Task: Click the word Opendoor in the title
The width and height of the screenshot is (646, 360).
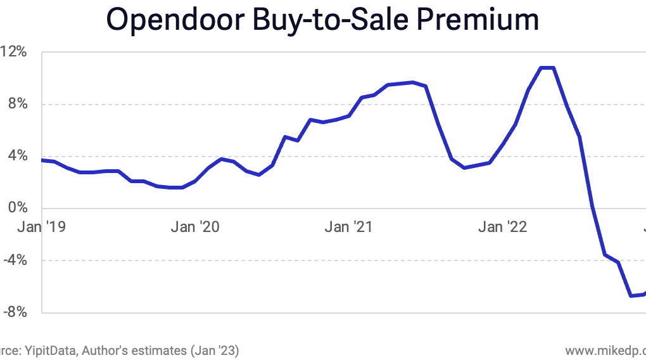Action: (166, 20)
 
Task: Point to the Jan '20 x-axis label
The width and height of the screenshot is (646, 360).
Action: (195, 227)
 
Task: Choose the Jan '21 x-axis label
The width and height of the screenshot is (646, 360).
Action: (349, 227)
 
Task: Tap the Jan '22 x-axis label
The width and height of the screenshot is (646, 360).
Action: (503, 227)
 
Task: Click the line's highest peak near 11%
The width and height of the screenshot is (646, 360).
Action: (547, 67)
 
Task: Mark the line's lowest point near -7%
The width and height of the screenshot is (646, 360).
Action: (631, 295)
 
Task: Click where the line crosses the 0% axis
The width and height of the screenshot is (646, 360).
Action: (592, 208)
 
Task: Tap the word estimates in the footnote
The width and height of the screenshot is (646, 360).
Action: (161, 350)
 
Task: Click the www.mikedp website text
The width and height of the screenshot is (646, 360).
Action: (605, 350)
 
